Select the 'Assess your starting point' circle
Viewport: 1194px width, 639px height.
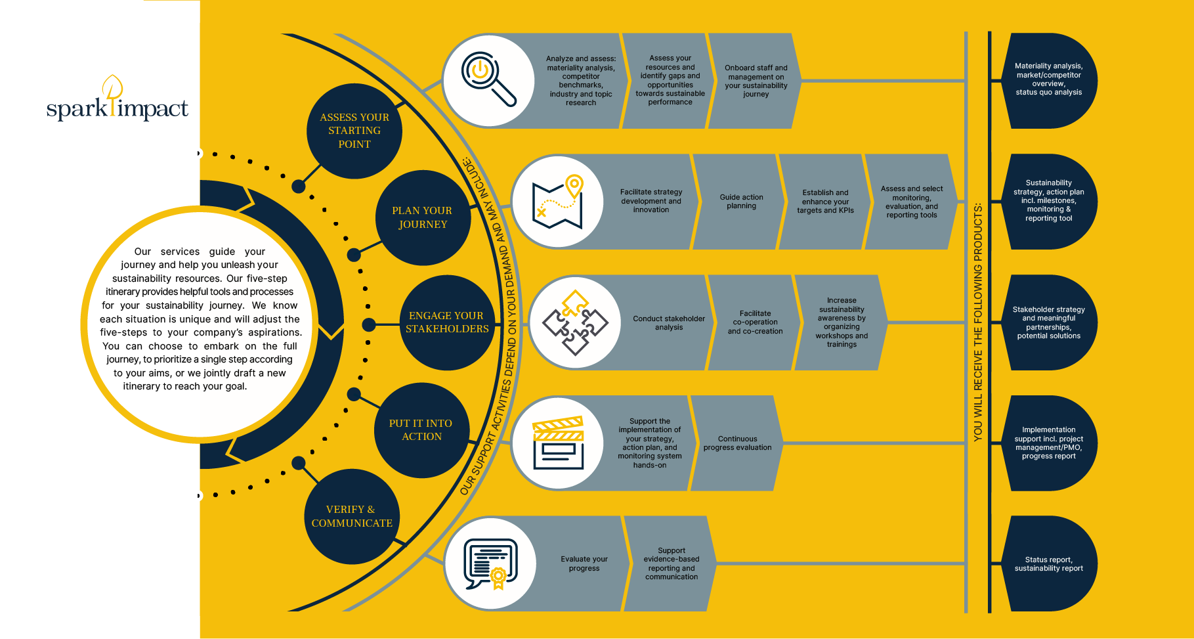click(x=354, y=131)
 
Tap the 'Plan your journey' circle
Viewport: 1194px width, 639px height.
click(x=423, y=217)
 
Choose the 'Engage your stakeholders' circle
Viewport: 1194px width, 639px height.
click(x=447, y=322)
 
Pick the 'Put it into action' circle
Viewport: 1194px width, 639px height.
click(x=421, y=430)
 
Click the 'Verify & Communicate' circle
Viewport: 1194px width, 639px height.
click(x=352, y=516)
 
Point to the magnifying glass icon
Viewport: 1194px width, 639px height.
click(x=488, y=80)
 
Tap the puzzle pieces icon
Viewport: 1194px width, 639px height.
click(x=575, y=322)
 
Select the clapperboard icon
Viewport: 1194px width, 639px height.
click(x=558, y=443)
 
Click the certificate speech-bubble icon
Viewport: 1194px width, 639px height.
click(x=490, y=563)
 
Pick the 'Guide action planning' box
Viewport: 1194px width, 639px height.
click(x=740, y=202)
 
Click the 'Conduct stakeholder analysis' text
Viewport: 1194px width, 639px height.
click(x=668, y=322)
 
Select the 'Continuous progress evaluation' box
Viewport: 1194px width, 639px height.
click(x=737, y=443)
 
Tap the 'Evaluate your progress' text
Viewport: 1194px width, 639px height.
click(x=584, y=563)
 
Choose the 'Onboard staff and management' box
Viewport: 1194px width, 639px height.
click(x=756, y=81)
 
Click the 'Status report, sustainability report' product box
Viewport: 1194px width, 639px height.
click(x=1048, y=564)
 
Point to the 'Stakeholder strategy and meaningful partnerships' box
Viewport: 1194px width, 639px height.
click(x=1048, y=322)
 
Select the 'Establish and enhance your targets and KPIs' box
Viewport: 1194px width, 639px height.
click(x=825, y=202)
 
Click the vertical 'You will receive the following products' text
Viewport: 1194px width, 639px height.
click(x=977, y=322)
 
